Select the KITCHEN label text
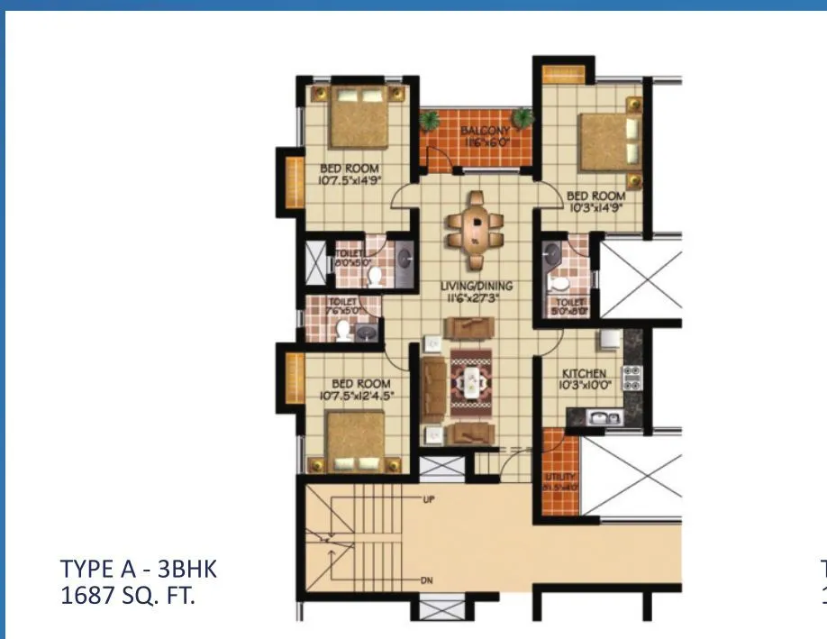584,373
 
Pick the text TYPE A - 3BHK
139,570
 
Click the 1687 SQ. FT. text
127,595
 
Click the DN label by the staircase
427,580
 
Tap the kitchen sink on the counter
599,416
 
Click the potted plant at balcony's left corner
431,119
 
